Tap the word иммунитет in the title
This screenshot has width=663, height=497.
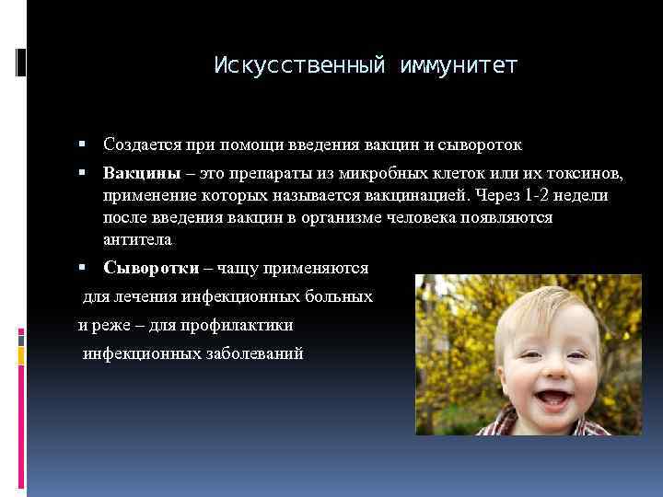(x=459, y=66)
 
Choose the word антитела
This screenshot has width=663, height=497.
(x=137, y=239)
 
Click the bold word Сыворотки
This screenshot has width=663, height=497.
(x=150, y=268)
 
